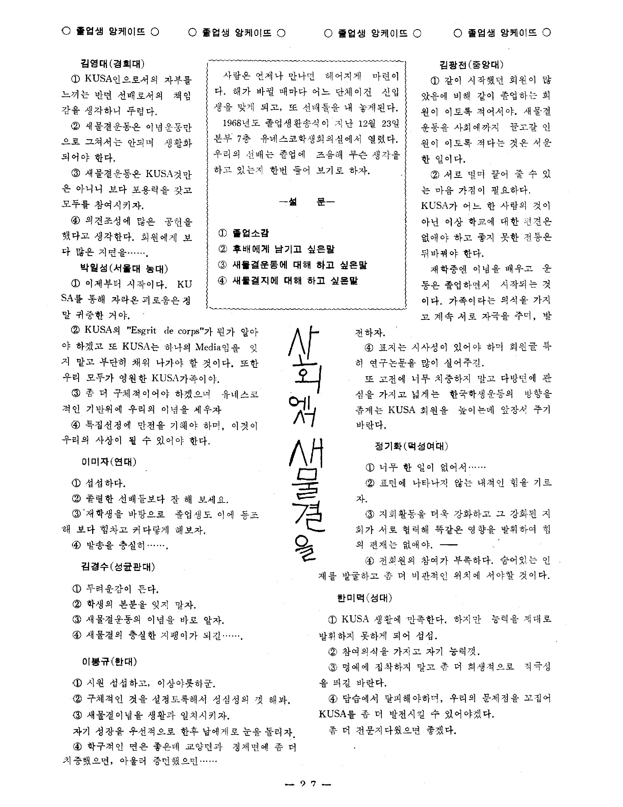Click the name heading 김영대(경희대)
[x=112, y=64]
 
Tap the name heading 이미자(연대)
[x=109, y=462]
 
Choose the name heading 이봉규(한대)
[x=109, y=661]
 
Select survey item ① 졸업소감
[x=244, y=233]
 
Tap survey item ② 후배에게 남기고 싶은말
[x=276, y=249]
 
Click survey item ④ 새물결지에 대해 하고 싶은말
[x=288, y=281]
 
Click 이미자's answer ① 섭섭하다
[x=99, y=483]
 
